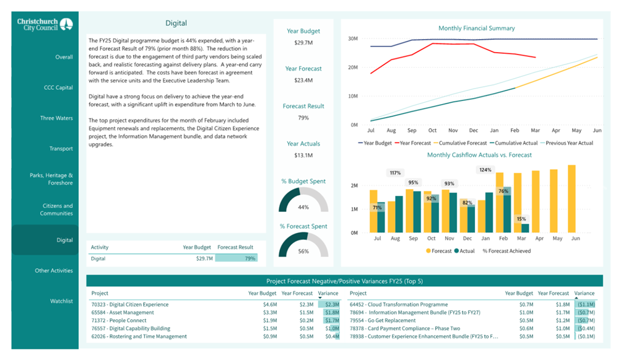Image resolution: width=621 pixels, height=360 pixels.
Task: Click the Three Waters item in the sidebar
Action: click(56, 118)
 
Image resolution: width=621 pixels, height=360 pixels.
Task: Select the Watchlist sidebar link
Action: click(61, 301)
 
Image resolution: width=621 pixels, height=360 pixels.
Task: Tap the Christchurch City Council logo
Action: click(45, 24)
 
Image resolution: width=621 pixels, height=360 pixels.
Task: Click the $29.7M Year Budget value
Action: click(303, 42)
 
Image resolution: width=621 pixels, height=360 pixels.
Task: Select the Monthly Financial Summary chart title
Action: click(477, 28)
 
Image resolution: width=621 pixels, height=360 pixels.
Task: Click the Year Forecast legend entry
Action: click(413, 143)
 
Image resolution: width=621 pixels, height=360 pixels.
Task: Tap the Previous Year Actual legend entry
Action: click(567, 143)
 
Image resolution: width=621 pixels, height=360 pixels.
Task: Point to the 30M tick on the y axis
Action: click(353, 38)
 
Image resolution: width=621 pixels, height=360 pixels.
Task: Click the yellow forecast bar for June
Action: click(571, 199)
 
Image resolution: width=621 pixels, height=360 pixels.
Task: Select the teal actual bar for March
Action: click(525, 228)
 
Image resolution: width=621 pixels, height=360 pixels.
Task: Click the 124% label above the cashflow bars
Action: click(485, 170)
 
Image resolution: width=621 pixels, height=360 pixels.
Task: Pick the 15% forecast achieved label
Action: click(521, 219)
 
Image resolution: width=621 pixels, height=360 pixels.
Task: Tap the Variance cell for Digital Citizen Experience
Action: click(332, 304)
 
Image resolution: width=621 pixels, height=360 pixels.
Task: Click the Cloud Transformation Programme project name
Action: click(399, 304)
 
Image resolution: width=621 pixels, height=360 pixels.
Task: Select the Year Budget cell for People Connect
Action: click(270, 320)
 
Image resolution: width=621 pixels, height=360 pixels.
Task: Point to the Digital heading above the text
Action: click(176, 23)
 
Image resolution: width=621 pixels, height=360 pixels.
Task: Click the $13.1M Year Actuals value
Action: click(303, 155)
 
